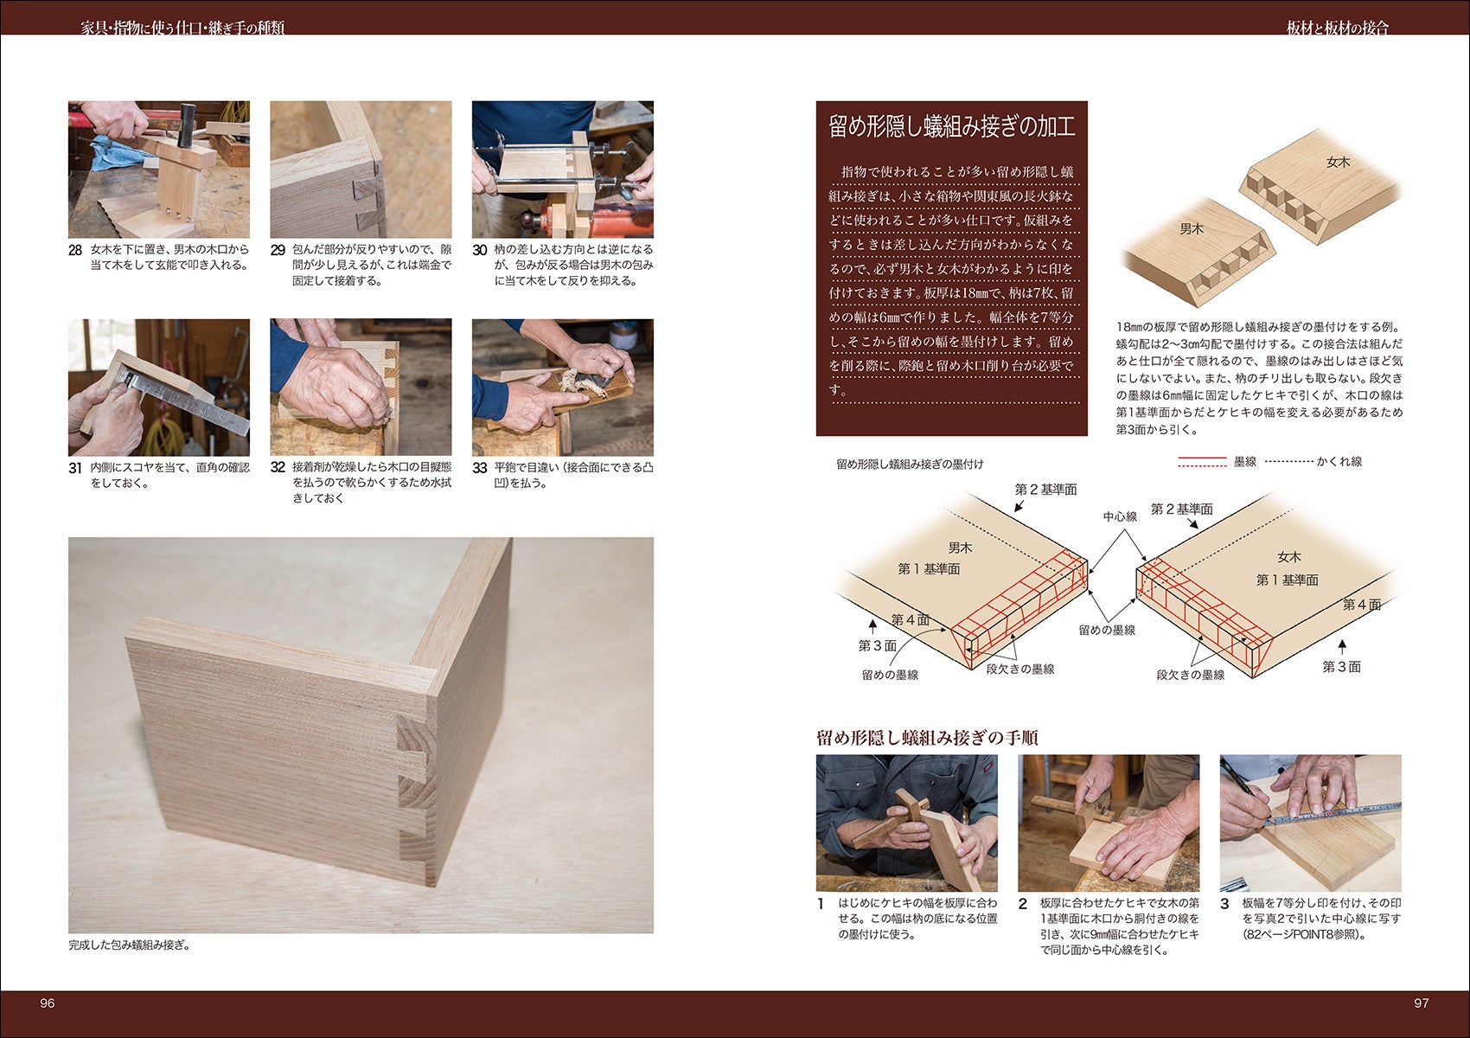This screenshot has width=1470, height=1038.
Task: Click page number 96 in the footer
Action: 48,1003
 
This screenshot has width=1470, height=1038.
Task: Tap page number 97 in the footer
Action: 1422,1003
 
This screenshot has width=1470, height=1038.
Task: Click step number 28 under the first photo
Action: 75,250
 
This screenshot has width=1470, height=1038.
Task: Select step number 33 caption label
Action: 479,468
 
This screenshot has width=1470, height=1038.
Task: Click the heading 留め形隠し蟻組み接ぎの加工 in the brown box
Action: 951,127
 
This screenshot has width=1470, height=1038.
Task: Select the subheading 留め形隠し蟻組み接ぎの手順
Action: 927,738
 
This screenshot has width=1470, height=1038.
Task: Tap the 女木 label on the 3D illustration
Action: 1338,162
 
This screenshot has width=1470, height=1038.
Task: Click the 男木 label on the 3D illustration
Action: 1192,229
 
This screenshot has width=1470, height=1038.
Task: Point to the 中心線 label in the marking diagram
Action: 1120,516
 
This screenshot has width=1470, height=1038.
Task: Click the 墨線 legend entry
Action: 1244,462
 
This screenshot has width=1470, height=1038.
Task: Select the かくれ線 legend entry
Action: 1339,462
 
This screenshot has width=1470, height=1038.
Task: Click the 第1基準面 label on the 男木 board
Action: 929,568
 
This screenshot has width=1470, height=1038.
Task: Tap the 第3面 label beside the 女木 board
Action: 1341,667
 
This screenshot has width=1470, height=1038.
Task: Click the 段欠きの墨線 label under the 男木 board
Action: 1020,669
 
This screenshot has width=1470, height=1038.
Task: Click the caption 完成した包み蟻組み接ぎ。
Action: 129,945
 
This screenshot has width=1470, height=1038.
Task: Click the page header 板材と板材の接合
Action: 1337,28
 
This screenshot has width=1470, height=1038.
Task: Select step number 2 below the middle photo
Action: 1023,904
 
